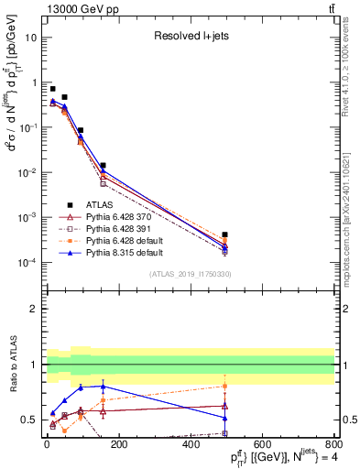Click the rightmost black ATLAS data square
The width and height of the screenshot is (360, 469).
(x=224, y=234)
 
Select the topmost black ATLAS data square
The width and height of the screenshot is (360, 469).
(x=52, y=89)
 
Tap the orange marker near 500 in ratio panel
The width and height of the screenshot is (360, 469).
(x=224, y=386)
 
